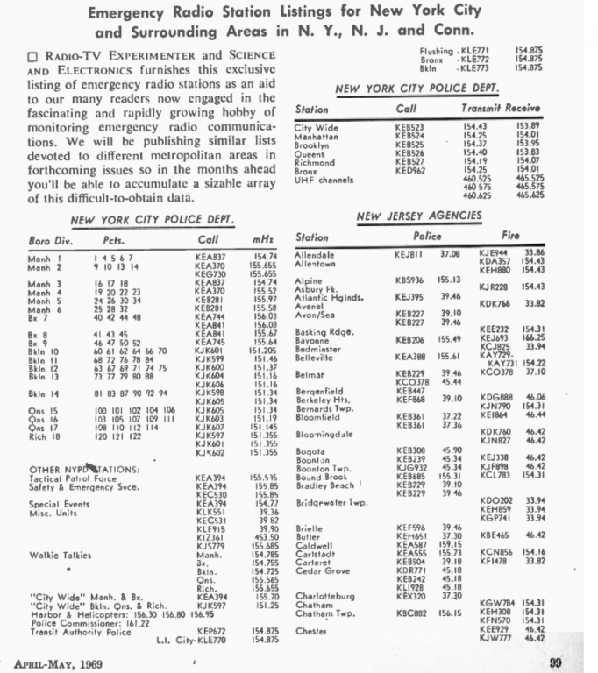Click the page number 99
[x=555, y=662]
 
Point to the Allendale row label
[x=316, y=254]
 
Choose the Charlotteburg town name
[x=325, y=596]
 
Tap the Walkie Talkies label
[x=57, y=555]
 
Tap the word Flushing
[x=436, y=53]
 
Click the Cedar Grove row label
[x=322, y=572]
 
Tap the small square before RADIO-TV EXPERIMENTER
[x=33, y=56]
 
